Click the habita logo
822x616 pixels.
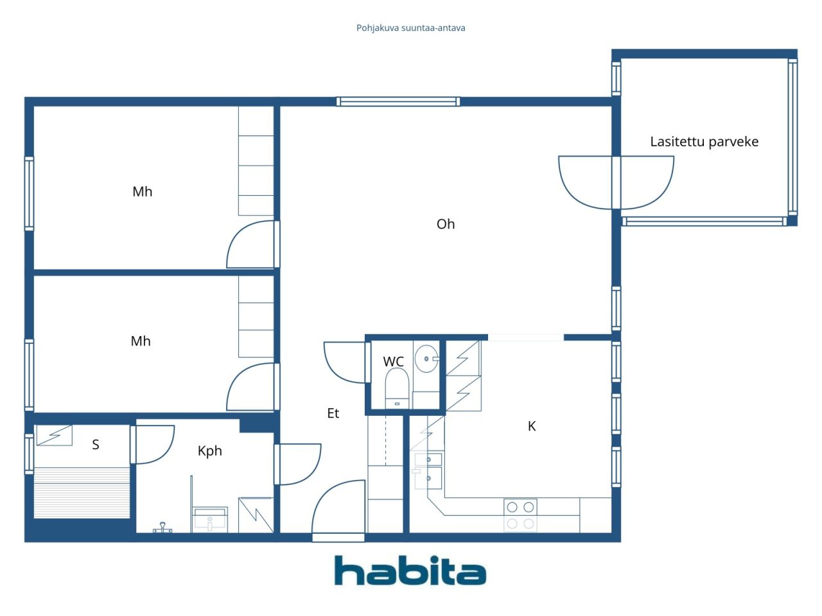pos(410,571)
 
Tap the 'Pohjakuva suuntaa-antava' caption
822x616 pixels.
pos(410,28)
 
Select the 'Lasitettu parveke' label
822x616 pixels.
pos(704,141)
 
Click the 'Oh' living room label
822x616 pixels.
pos(446,224)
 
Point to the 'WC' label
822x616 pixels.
pos(393,362)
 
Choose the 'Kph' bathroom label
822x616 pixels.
pos(210,451)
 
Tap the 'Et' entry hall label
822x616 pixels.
pos(333,413)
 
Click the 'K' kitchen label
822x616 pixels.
pos(531,426)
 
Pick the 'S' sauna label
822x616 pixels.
pos(96,444)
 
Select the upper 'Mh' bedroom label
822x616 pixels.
pos(143,191)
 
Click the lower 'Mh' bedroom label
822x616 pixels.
pos(141,341)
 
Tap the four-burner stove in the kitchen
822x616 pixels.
pos(520,515)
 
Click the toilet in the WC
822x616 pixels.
pos(397,388)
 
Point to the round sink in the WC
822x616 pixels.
pos(426,359)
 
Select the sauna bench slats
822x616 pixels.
pos(82,493)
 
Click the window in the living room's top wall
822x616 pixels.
pos(398,101)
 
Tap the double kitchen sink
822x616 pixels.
pos(428,471)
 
